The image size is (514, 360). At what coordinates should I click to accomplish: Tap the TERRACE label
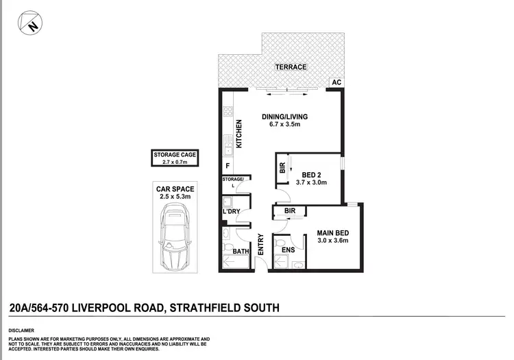pos(291,67)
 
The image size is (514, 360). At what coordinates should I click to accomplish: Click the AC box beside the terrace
pos(336,82)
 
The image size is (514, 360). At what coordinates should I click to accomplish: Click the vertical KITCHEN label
pos(239,134)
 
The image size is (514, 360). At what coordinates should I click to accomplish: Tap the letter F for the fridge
pos(228,166)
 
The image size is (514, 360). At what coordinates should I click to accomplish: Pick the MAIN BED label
pos(334,232)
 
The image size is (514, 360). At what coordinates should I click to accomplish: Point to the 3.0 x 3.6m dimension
pos(334,241)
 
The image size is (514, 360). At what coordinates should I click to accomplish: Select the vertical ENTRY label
pos(260,245)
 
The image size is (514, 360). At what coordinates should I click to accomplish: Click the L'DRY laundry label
pos(231,212)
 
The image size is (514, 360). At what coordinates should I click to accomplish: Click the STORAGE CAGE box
pos(175,159)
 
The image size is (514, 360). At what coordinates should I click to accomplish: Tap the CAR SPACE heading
pos(175,189)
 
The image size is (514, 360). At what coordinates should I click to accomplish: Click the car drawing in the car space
pos(175,237)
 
